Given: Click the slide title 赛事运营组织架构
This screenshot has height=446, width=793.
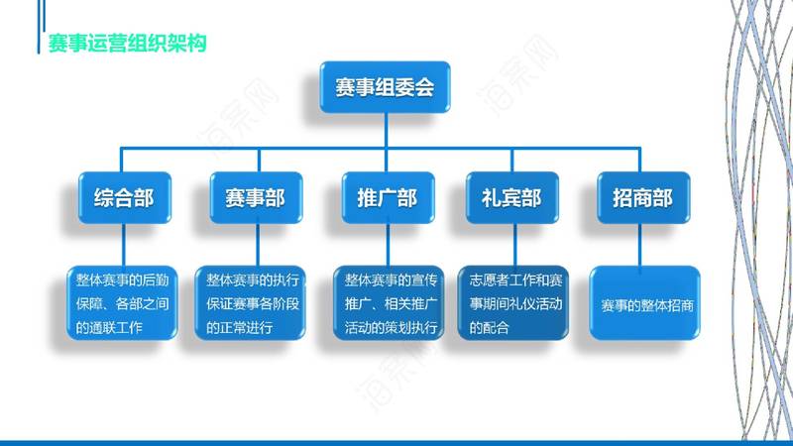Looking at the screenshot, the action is [127, 43].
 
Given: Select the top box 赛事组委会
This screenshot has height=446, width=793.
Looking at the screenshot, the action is [385, 87].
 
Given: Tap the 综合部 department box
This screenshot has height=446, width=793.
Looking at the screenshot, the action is [125, 197].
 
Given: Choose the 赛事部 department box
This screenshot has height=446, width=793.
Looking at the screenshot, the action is [256, 197].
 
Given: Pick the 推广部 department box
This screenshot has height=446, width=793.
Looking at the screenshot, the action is [388, 197].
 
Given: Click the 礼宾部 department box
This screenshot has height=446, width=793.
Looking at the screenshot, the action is [511, 197].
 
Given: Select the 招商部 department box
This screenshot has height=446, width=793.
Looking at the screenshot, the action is [643, 197].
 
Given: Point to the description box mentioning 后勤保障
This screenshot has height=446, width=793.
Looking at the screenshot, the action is [122, 303].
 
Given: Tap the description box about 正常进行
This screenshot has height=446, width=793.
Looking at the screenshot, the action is [251, 303].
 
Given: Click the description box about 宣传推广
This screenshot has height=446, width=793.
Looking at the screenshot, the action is [389, 303].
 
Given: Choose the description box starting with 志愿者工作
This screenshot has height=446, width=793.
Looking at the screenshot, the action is [512, 303].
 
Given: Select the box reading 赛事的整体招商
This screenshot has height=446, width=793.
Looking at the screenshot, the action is [645, 303].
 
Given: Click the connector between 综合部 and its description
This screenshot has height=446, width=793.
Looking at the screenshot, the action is [123, 245].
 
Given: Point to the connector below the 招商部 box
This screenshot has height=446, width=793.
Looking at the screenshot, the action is [639, 245].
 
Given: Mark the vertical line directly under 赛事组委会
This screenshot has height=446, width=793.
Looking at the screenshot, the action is [386, 131].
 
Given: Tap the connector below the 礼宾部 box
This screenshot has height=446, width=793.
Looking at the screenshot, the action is [514, 245].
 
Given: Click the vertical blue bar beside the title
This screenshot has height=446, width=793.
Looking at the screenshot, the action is [39, 27].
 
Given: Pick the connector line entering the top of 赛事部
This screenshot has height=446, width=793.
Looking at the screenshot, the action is [259, 161].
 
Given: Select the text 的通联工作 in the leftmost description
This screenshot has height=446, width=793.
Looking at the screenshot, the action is [109, 328].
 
